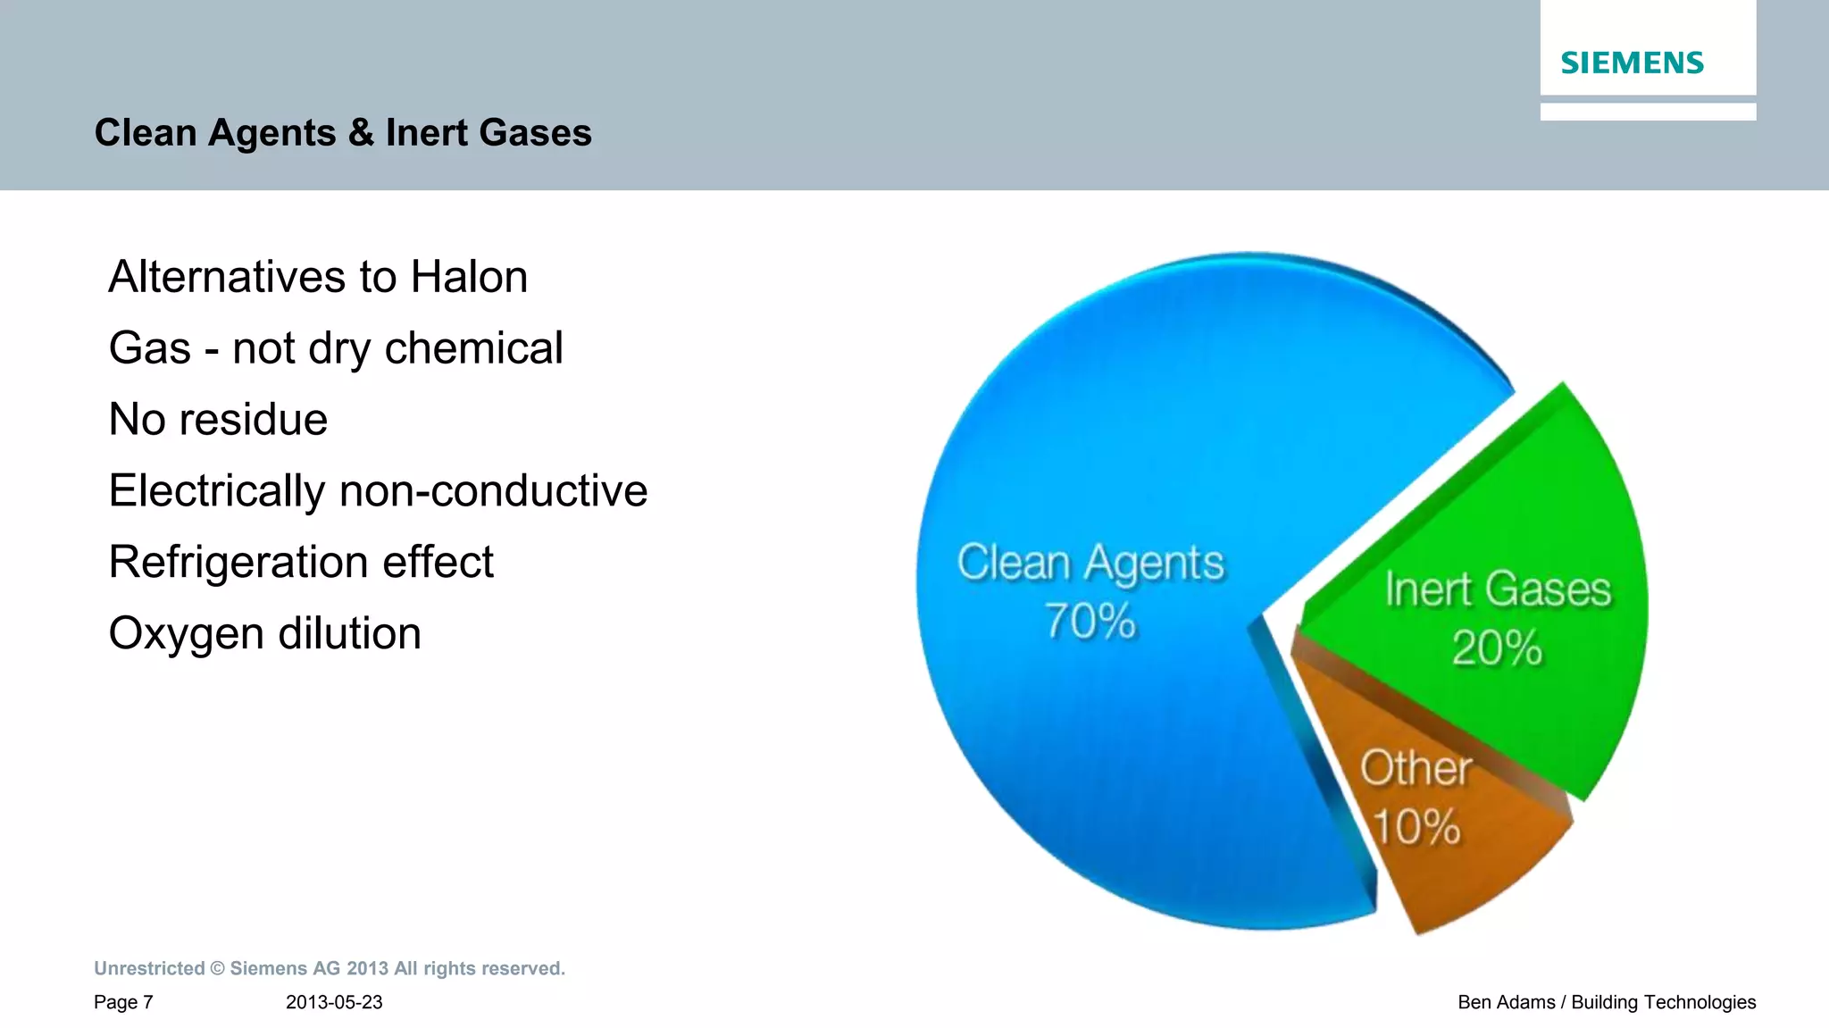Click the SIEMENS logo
point(1632,63)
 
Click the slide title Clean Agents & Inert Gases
point(343,133)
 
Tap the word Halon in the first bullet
point(469,277)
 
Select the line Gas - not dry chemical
point(336,348)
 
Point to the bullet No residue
point(218,420)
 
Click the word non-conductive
point(493,491)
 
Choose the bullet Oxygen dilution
point(264,634)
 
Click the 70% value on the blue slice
point(1090,621)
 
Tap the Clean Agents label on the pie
point(1090,564)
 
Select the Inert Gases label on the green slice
point(1498,589)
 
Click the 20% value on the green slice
point(1497,648)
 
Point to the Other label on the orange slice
point(1416,768)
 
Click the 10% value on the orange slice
point(1416,826)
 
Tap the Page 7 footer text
point(123,1002)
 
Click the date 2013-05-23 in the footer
point(334,1002)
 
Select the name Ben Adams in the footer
point(1506,1002)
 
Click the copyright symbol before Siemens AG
point(217,969)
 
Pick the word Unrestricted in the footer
point(149,969)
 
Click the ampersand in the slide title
point(361,133)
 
